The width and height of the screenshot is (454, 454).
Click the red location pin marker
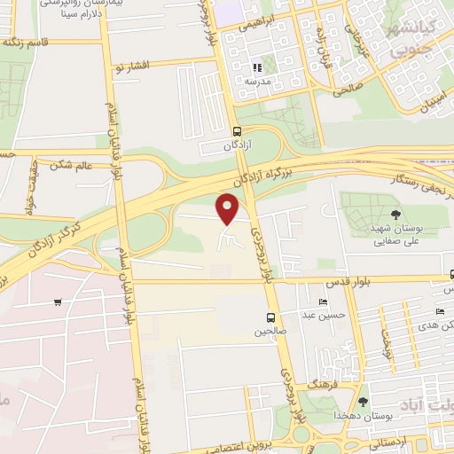[x=228, y=208]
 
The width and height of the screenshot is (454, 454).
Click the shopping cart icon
[x=58, y=302]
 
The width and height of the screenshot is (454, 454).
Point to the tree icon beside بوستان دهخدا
[x=363, y=402]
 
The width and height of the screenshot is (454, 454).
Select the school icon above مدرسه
[x=257, y=67]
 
